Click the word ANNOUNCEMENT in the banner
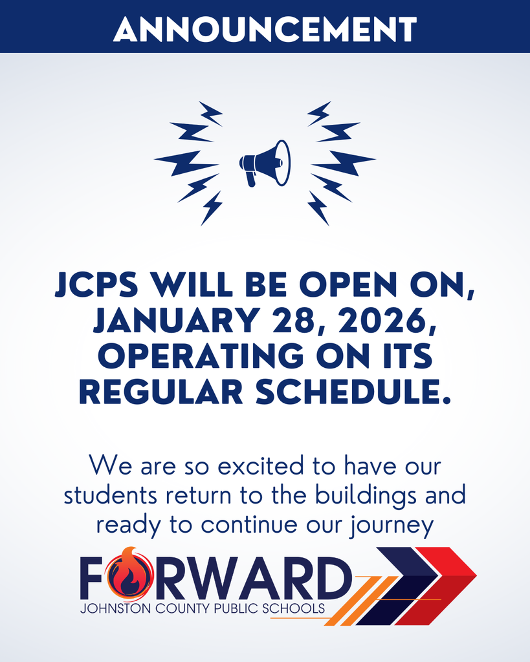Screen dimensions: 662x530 (265, 28)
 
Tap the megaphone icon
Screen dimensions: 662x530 (265, 163)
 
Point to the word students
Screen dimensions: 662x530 (110, 495)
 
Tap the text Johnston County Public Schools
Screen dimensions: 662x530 (202, 609)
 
